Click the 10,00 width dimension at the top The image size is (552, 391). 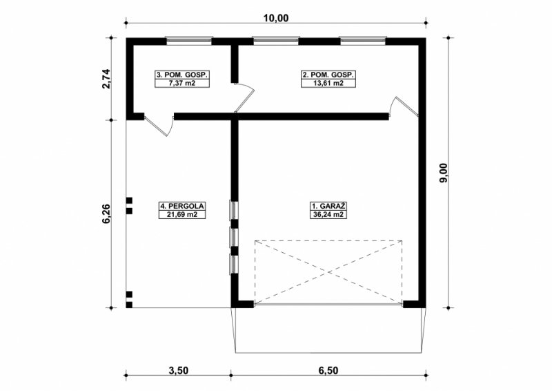point(276,18)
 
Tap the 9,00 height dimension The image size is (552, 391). point(444,173)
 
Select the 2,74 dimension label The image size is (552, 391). point(106,79)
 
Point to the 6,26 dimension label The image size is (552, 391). point(106,213)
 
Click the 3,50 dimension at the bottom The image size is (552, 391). point(179,370)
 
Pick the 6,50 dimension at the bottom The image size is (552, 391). point(328,370)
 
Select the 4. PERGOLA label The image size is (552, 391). point(182,207)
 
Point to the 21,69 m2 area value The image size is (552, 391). point(182,214)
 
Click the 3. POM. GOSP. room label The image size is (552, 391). point(182,75)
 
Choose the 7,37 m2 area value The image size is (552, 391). point(182,83)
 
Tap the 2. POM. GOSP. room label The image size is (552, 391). point(328,75)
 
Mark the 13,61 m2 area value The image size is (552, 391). point(328,83)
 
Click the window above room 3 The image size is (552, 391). point(189,41)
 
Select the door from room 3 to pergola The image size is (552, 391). point(159,124)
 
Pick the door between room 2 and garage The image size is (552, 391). point(404,106)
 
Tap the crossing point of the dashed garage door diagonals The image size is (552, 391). point(328,271)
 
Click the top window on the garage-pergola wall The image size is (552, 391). point(234,211)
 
